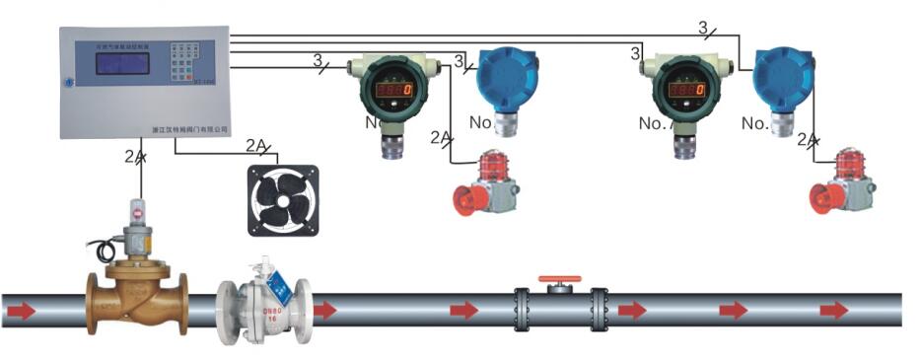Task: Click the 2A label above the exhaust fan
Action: pos(256,147)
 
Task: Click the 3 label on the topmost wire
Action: pos(703,29)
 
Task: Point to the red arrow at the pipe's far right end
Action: pos(834,311)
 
